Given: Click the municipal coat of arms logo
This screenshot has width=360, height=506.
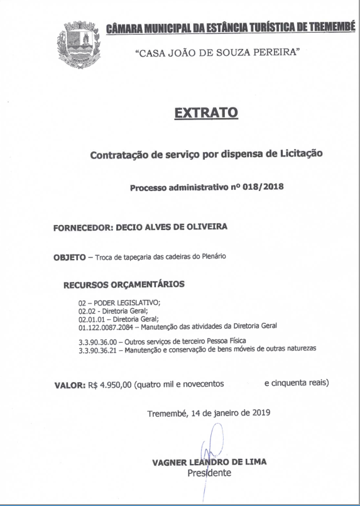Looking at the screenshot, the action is click(76, 44).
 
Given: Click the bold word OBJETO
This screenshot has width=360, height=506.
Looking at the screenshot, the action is click(69, 256).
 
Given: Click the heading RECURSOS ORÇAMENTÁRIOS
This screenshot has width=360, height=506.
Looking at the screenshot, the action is click(124, 284).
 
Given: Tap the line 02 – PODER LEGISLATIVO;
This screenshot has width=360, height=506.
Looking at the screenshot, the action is click(119, 302).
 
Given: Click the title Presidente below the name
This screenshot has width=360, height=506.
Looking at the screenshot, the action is click(209, 472).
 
